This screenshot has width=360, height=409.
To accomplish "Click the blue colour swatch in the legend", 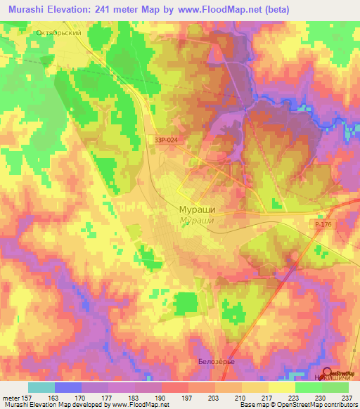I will point(67,387).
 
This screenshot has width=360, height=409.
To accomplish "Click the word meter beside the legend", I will point(10,396).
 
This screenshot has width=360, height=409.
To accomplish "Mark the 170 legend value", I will point(82,396).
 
